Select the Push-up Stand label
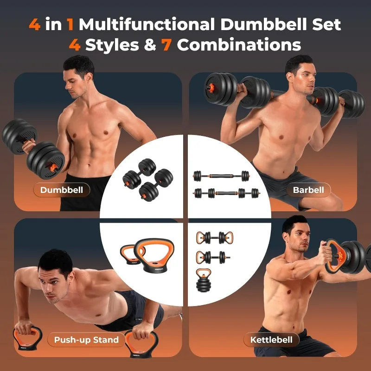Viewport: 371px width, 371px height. [x=86, y=340]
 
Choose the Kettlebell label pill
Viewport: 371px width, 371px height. [x=271, y=340]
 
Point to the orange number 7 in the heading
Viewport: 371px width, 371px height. [x=166, y=45]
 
